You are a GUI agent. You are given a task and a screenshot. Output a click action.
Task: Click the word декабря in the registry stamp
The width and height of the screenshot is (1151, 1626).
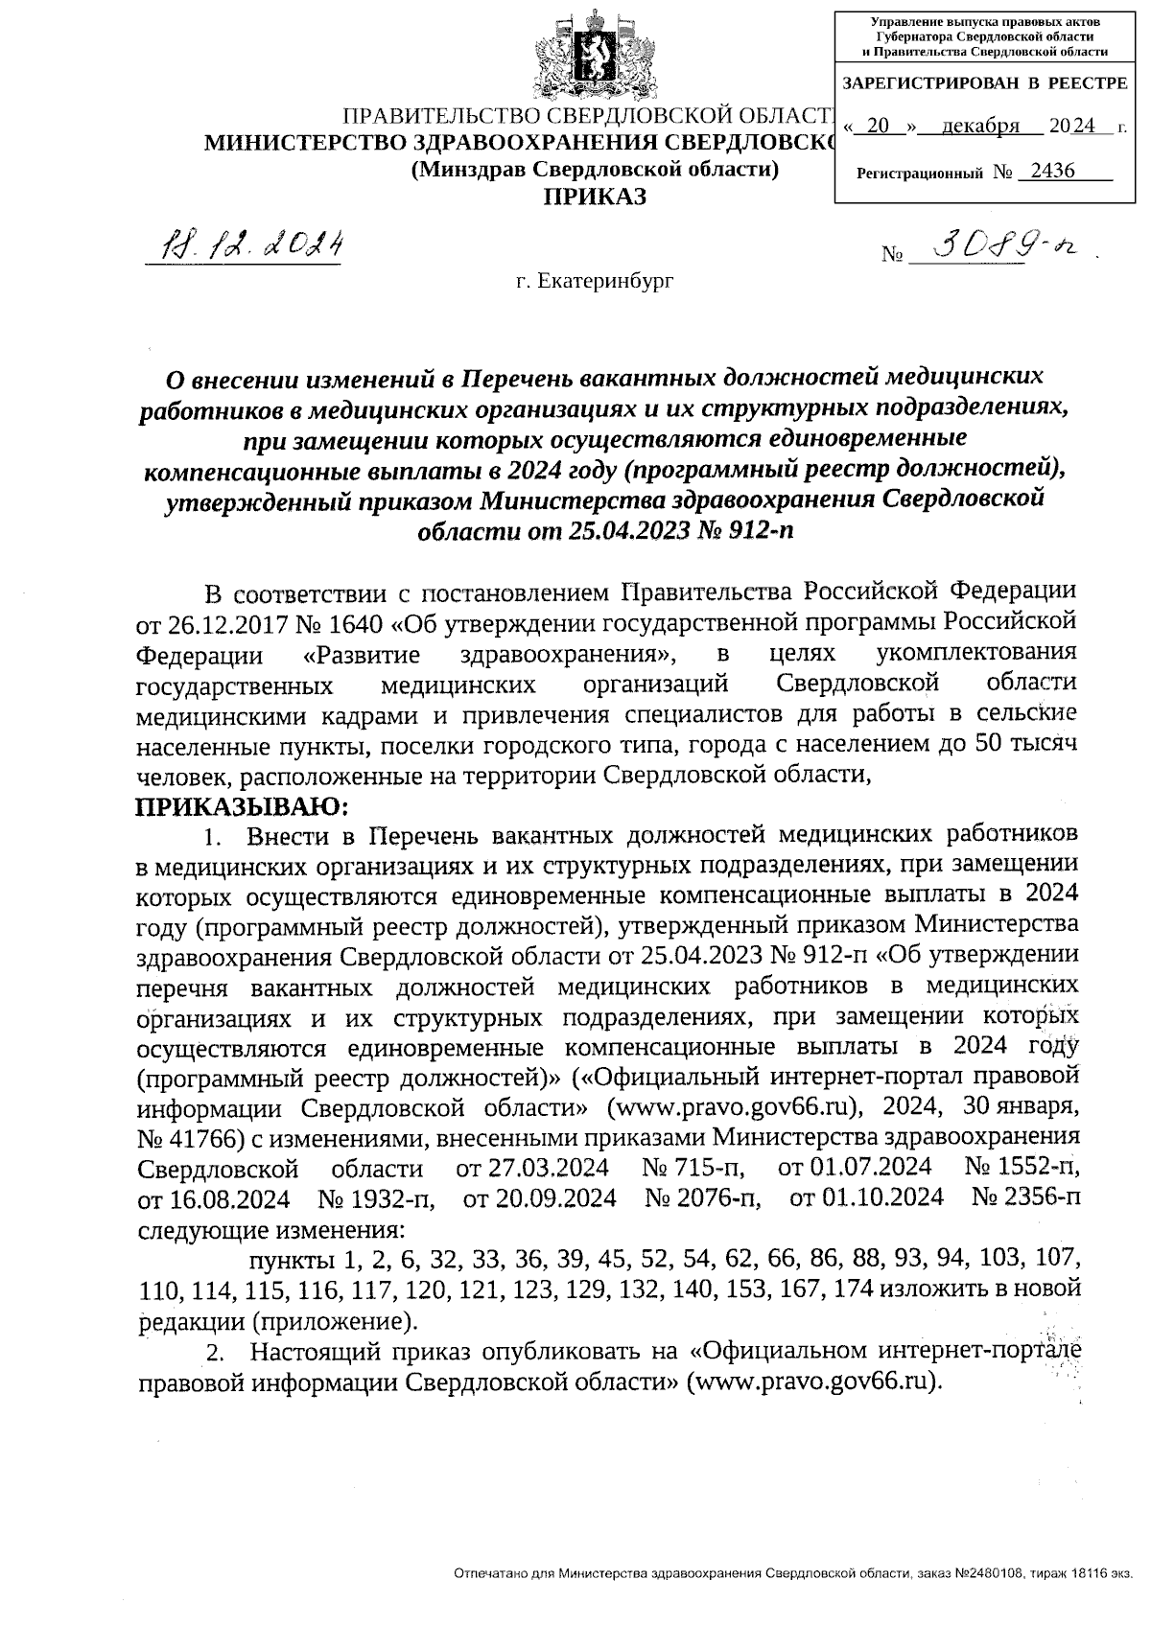coord(979,127)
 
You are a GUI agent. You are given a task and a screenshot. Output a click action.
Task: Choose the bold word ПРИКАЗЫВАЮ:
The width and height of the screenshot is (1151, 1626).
coord(244,806)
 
